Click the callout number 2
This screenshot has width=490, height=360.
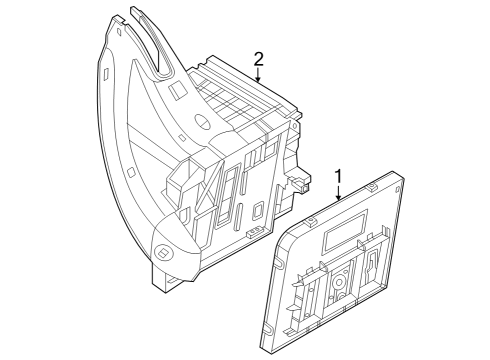tap(258, 59)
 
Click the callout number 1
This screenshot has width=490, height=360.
tap(338, 176)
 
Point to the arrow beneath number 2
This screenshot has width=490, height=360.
tap(258, 75)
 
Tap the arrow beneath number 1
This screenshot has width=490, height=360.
tap(338, 193)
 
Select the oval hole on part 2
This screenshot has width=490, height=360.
tap(202, 121)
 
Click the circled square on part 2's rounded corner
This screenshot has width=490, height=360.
tap(165, 252)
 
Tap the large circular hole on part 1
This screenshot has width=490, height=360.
tap(339, 283)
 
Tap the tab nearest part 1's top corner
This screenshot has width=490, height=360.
tap(372, 187)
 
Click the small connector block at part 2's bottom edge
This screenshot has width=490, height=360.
tap(254, 232)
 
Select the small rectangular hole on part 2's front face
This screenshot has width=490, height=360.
tap(257, 211)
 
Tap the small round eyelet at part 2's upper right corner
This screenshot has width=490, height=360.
tap(295, 126)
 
